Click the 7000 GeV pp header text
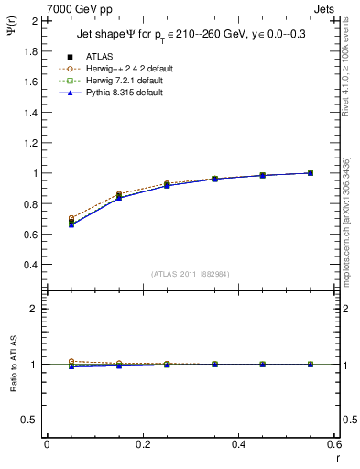80,9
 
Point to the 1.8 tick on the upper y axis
30,50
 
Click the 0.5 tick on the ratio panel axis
30,420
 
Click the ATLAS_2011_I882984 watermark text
191,274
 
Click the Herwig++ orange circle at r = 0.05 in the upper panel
71,218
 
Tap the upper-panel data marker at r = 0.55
311,172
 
